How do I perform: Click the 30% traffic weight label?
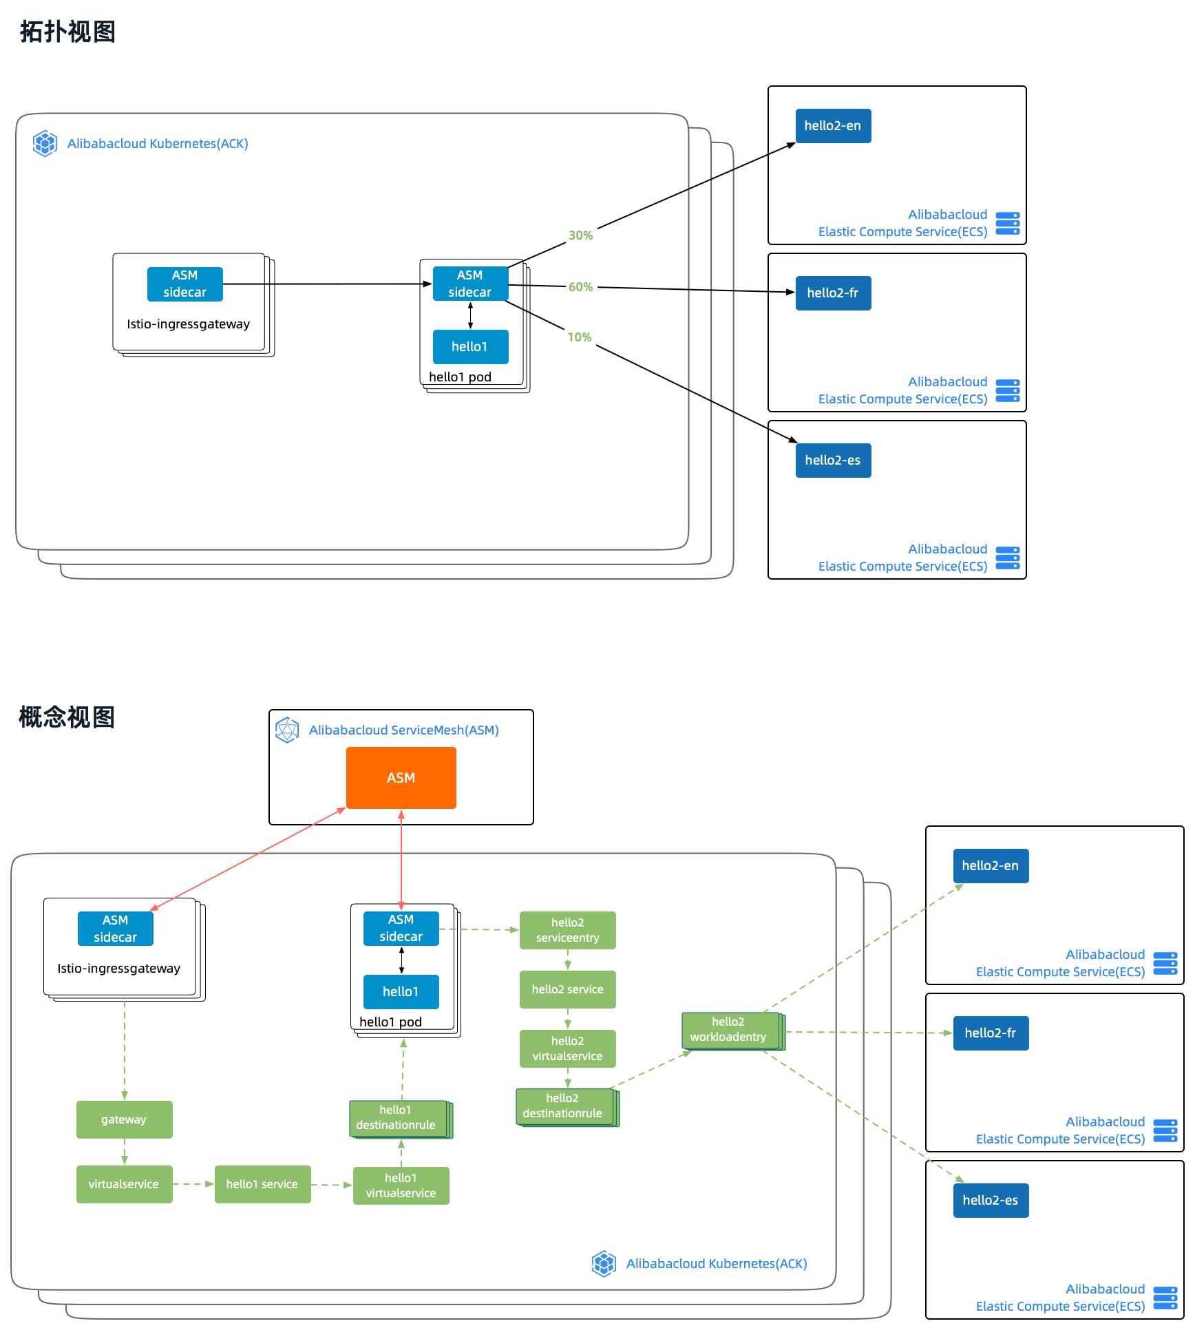coord(580,235)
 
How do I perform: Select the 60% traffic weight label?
coord(580,287)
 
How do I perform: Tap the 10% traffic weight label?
coord(579,337)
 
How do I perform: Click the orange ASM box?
coord(401,778)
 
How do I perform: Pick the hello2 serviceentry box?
coord(567,930)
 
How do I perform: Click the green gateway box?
coord(124,1119)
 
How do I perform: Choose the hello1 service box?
coord(262,1184)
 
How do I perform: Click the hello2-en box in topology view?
coord(833,126)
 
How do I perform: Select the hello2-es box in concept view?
coord(991,1201)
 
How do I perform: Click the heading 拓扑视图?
coord(67,32)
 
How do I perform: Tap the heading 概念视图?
coord(67,717)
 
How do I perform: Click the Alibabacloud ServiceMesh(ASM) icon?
coord(287,730)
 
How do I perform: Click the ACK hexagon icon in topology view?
coord(45,144)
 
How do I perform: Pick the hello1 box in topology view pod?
coord(470,347)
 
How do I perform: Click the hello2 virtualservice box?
coord(567,1048)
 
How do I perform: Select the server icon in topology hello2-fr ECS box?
coord(1008,390)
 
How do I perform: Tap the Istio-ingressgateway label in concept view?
coord(118,969)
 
